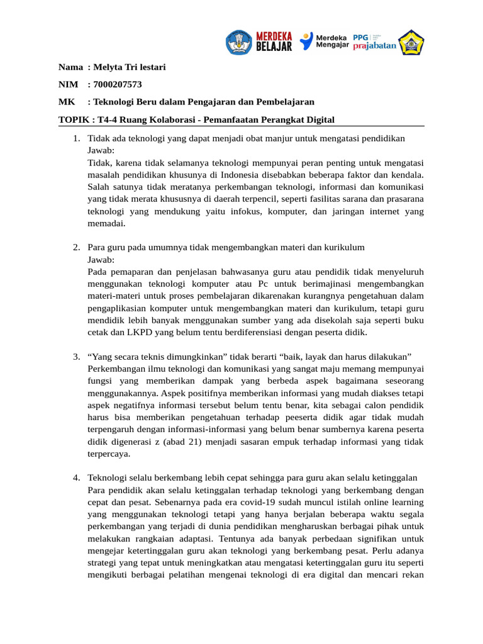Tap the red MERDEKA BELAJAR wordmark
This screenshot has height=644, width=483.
tap(274, 42)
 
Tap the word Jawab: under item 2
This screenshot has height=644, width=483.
tap(101, 260)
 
